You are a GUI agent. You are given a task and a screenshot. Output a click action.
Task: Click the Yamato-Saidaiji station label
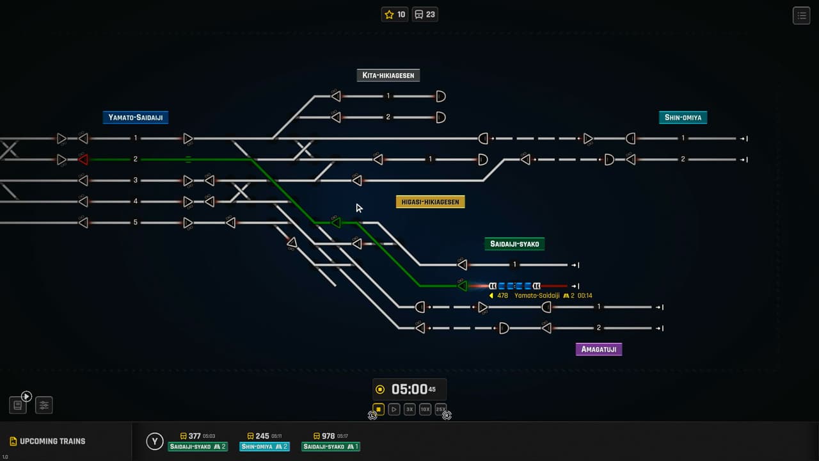pos(135,118)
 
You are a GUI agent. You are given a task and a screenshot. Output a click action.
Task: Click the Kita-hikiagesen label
pos(388,76)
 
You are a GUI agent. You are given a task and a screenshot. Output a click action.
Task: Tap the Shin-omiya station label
pos(683,118)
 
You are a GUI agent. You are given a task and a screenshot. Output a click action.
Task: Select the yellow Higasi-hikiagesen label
pos(430,202)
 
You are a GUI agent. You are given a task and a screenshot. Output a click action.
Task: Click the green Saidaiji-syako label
pos(514,244)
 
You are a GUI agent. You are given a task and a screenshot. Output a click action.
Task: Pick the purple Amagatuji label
pos(598,350)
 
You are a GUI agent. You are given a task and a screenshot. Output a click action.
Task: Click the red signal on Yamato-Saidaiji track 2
pos(83,159)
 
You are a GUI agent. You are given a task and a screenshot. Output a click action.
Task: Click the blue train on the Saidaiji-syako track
pos(514,286)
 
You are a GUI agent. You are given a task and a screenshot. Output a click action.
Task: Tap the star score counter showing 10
pos(395,15)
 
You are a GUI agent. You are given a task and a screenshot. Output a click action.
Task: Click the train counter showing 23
pos(425,15)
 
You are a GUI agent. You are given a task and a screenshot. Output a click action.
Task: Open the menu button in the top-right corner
pos(801,15)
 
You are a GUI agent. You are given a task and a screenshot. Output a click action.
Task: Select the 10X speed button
pos(425,409)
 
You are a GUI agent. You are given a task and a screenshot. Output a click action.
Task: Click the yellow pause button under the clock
pos(378,409)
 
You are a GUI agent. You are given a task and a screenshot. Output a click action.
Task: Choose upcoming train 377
pos(198,441)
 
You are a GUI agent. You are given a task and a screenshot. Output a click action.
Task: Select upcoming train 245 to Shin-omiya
pos(264,441)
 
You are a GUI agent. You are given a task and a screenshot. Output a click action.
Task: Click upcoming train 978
pos(331,441)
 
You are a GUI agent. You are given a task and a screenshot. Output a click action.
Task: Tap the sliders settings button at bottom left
pos(44,405)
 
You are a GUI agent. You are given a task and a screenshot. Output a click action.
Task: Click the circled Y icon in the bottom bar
pos(154,441)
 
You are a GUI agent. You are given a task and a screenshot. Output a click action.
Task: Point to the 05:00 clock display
pos(409,389)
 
